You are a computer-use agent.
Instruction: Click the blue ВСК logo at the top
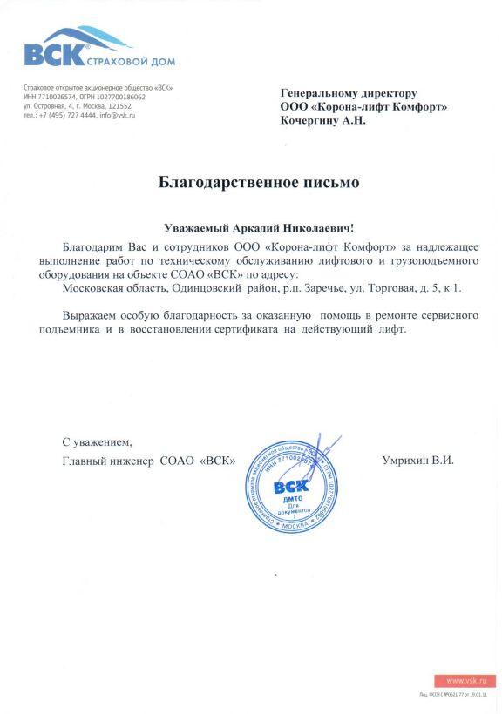[54, 54]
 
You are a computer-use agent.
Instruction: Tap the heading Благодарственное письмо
[258, 183]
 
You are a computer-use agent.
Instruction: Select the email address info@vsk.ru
[118, 115]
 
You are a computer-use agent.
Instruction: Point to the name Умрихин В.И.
[417, 459]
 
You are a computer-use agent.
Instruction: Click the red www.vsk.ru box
[465, 680]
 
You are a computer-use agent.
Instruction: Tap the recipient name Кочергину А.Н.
[322, 120]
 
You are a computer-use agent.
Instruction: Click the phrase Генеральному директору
[349, 93]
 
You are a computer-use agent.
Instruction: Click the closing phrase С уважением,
[97, 441]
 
